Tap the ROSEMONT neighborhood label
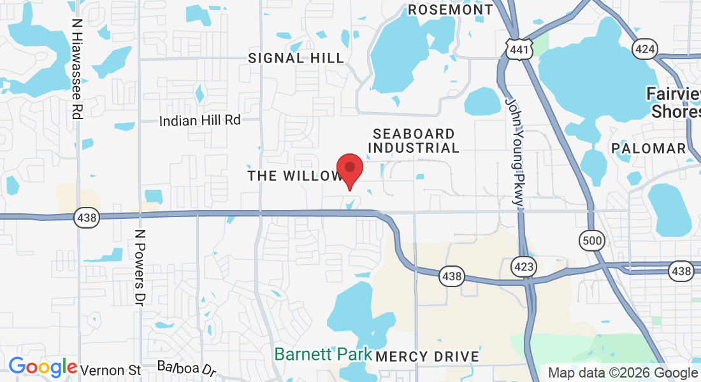pyautogui.click(x=451, y=10)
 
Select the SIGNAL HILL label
pyautogui.click(x=296, y=58)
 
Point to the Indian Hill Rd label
pyautogui.click(x=199, y=120)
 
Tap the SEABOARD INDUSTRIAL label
pyautogui.click(x=414, y=141)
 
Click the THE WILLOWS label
pyautogui.click(x=294, y=176)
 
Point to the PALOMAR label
pyautogui.click(x=648, y=148)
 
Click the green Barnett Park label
pyautogui.click(x=323, y=354)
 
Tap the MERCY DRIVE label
pyautogui.click(x=427, y=357)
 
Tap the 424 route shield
pyautogui.click(x=645, y=48)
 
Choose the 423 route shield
pyautogui.click(x=524, y=265)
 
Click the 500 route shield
pyautogui.click(x=591, y=240)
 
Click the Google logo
pyautogui.click(x=43, y=367)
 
